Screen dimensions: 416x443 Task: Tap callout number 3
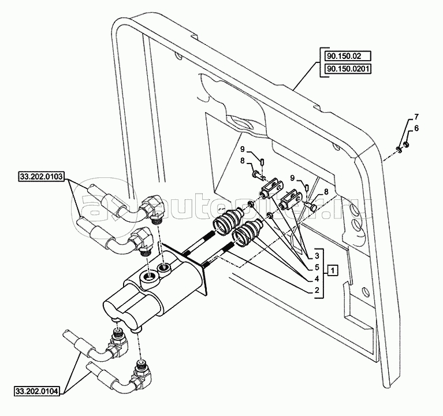[317, 254]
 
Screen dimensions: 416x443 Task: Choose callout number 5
[317, 266]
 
